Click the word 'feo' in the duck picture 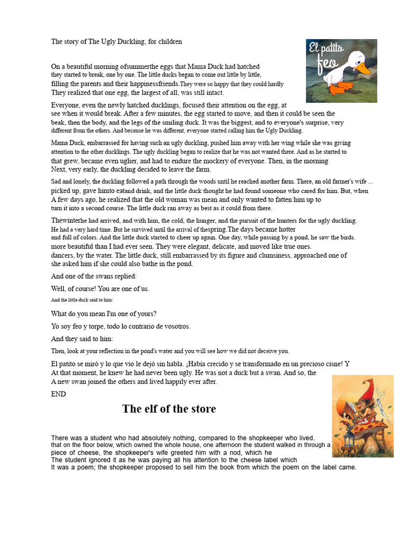click(x=321, y=68)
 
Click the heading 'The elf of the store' click(x=169, y=409)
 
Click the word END click(x=58, y=394)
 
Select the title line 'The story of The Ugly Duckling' click(x=116, y=41)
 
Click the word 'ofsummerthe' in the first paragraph click(x=139, y=67)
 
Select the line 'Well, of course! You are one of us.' click(x=100, y=289)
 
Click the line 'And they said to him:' click(x=82, y=339)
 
